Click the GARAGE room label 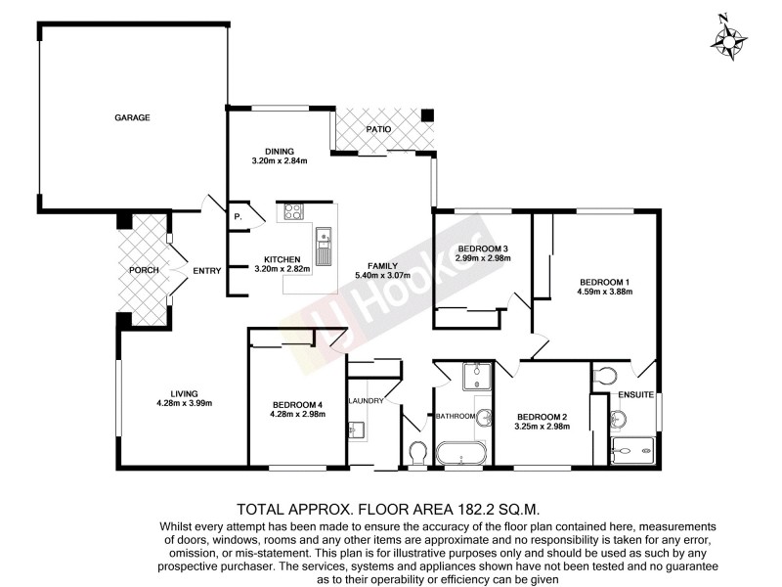tap(132, 117)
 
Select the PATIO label tap(379, 129)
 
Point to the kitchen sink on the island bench tap(324, 237)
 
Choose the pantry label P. tap(238, 217)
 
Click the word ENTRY tap(207, 271)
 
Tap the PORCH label tap(143, 269)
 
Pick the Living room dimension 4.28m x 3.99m tap(184, 403)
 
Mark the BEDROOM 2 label tap(542, 414)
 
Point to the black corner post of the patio tap(426, 116)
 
